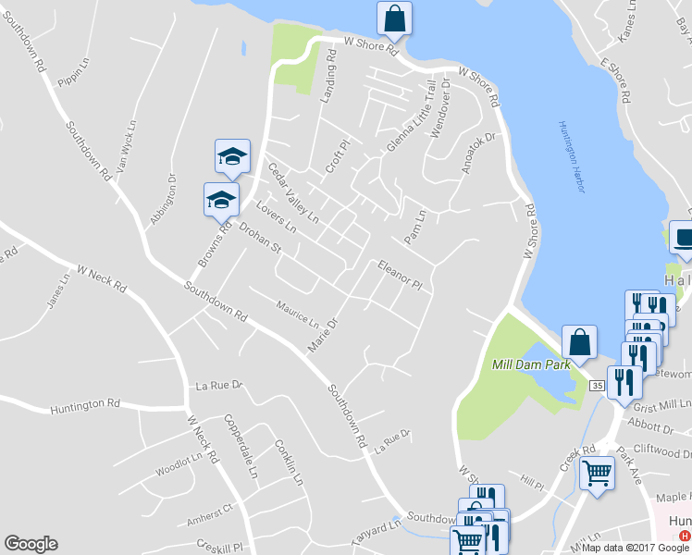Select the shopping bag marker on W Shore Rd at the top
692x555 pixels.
tap(394, 18)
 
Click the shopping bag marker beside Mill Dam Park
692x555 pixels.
tap(578, 341)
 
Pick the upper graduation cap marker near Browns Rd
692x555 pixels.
tap(232, 156)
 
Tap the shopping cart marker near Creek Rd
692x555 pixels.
tap(597, 474)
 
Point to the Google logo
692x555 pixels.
tap(31, 544)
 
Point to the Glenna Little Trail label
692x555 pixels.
tap(411, 117)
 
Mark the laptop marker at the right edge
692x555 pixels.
tap(683, 238)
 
